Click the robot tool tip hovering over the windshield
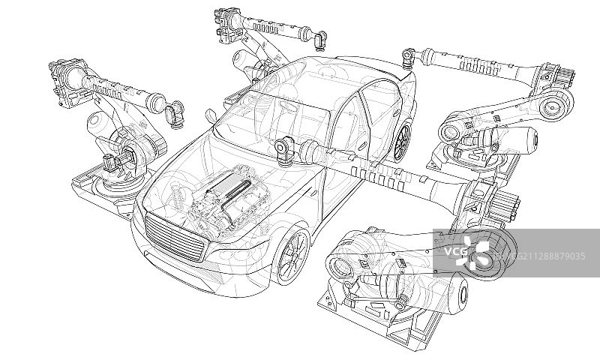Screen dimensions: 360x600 284,149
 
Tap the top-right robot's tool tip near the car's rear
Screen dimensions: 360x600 409,56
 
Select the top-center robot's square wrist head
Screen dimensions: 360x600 225,22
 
